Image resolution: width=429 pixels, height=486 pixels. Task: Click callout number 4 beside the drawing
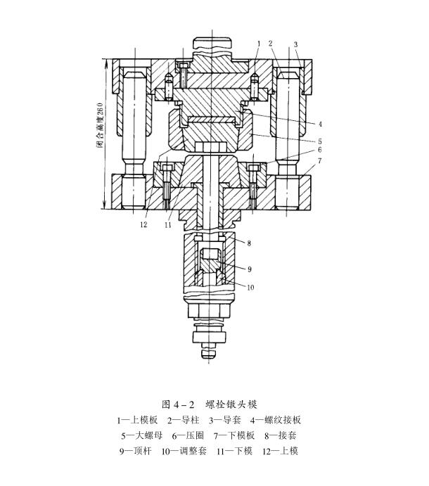pyautogui.click(x=320, y=124)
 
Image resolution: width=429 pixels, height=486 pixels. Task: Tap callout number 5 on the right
pyautogui.click(x=320, y=141)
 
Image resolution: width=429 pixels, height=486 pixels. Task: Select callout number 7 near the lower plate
pyautogui.click(x=320, y=160)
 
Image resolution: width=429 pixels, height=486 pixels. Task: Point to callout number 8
pyautogui.click(x=249, y=243)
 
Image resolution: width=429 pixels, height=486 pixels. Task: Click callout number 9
pyautogui.click(x=250, y=269)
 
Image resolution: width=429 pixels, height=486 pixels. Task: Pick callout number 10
pyautogui.click(x=250, y=288)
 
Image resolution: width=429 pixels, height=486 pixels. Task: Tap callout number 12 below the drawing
pyautogui.click(x=143, y=224)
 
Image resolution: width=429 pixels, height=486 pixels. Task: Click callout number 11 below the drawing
pyautogui.click(x=168, y=224)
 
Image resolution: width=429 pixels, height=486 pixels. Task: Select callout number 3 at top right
pyautogui.click(x=295, y=44)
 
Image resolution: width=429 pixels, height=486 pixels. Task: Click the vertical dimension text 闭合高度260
pyautogui.click(x=100, y=125)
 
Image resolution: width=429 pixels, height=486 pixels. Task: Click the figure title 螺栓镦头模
pyautogui.click(x=231, y=404)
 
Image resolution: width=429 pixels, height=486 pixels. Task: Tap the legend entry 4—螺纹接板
pyautogui.click(x=276, y=420)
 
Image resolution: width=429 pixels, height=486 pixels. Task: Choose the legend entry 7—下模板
pyautogui.click(x=234, y=435)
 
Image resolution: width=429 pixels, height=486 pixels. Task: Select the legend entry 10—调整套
pyautogui.click(x=184, y=451)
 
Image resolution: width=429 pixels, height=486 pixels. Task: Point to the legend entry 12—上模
pyautogui.click(x=280, y=451)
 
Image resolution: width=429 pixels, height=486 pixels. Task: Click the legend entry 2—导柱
pyautogui.click(x=183, y=420)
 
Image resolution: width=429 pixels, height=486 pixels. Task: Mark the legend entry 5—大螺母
pyautogui.click(x=142, y=435)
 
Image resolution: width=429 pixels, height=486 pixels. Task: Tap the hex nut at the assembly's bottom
pyautogui.click(x=210, y=310)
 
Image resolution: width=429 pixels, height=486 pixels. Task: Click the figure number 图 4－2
pyautogui.click(x=178, y=404)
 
